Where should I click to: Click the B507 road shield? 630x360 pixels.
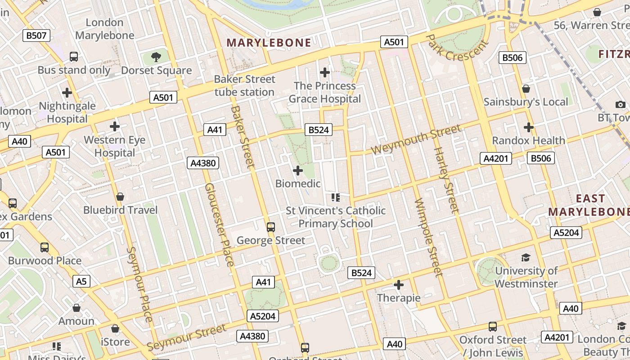coord(36,36)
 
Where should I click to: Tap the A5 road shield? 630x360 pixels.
coord(81,281)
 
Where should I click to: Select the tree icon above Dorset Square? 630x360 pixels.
coord(156,57)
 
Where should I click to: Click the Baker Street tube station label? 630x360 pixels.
coord(244,85)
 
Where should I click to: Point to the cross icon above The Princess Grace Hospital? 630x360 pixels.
coord(324,72)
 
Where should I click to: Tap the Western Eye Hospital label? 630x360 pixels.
coord(115,146)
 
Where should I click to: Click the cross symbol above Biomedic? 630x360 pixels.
coord(298,171)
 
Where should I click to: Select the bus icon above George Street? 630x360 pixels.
coord(270,227)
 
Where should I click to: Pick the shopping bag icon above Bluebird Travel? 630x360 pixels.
coord(120,197)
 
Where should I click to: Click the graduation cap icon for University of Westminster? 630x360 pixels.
coord(526,257)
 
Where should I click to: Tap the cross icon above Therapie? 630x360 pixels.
coord(399,285)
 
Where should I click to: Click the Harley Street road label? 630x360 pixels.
coord(446,180)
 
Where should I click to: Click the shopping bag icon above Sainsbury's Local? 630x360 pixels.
coord(526,89)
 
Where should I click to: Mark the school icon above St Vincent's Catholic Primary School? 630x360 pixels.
coord(335,197)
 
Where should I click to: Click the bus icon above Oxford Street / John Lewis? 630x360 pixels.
coord(493,326)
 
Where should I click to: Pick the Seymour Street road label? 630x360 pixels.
coord(187,337)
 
